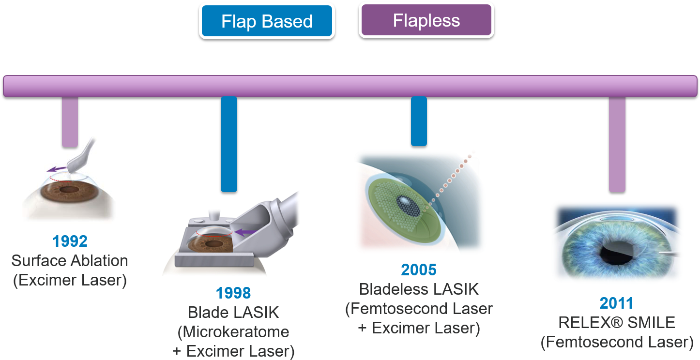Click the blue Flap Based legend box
click(x=267, y=21)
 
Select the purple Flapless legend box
click(x=426, y=20)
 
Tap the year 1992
click(x=70, y=241)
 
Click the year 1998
click(x=233, y=293)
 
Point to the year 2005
click(x=419, y=270)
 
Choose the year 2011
click(x=616, y=303)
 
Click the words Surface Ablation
click(x=70, y=261)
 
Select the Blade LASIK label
click(x=233, y=312)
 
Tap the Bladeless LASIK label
click(x=419, y=289)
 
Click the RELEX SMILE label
click(x=616, y=322)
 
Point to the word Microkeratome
click(x=233, y=332)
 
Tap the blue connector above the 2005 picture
click(x=419, y=121)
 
